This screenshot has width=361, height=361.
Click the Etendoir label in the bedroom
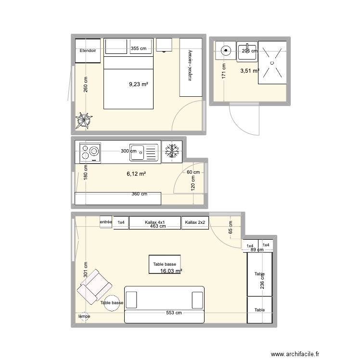(x=88, y=51)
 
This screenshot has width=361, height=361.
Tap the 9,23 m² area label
(x=138, y=84)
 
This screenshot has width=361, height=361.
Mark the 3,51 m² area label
(x=249, y=71)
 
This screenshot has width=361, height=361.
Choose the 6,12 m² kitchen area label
(x=136, y=174)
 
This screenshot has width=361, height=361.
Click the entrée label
(x=106, y=222)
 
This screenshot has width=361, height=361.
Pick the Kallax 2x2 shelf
(x=195, y=222)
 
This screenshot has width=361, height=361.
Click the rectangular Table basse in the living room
(x=165, y=265)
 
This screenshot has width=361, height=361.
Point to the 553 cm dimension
(x=174, y=313)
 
